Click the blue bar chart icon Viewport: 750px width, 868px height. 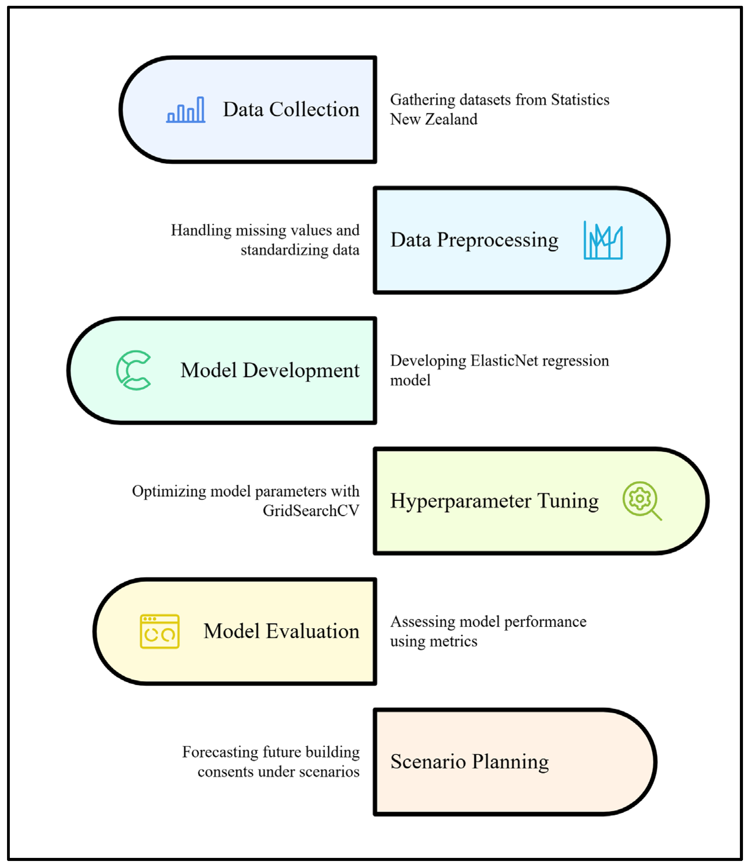(x=186, y=110)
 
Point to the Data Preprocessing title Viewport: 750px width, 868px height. (x=474, y=240)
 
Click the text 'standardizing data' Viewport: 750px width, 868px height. (x=300, y=250)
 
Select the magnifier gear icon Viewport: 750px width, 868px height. (x=641, y=501)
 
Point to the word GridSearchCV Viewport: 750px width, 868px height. (x=311, y=511)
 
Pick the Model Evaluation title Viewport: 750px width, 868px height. (x=281, y=631)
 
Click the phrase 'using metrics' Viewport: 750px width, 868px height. (x=433, y=641)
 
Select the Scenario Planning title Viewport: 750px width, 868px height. (x=469, y=762)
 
